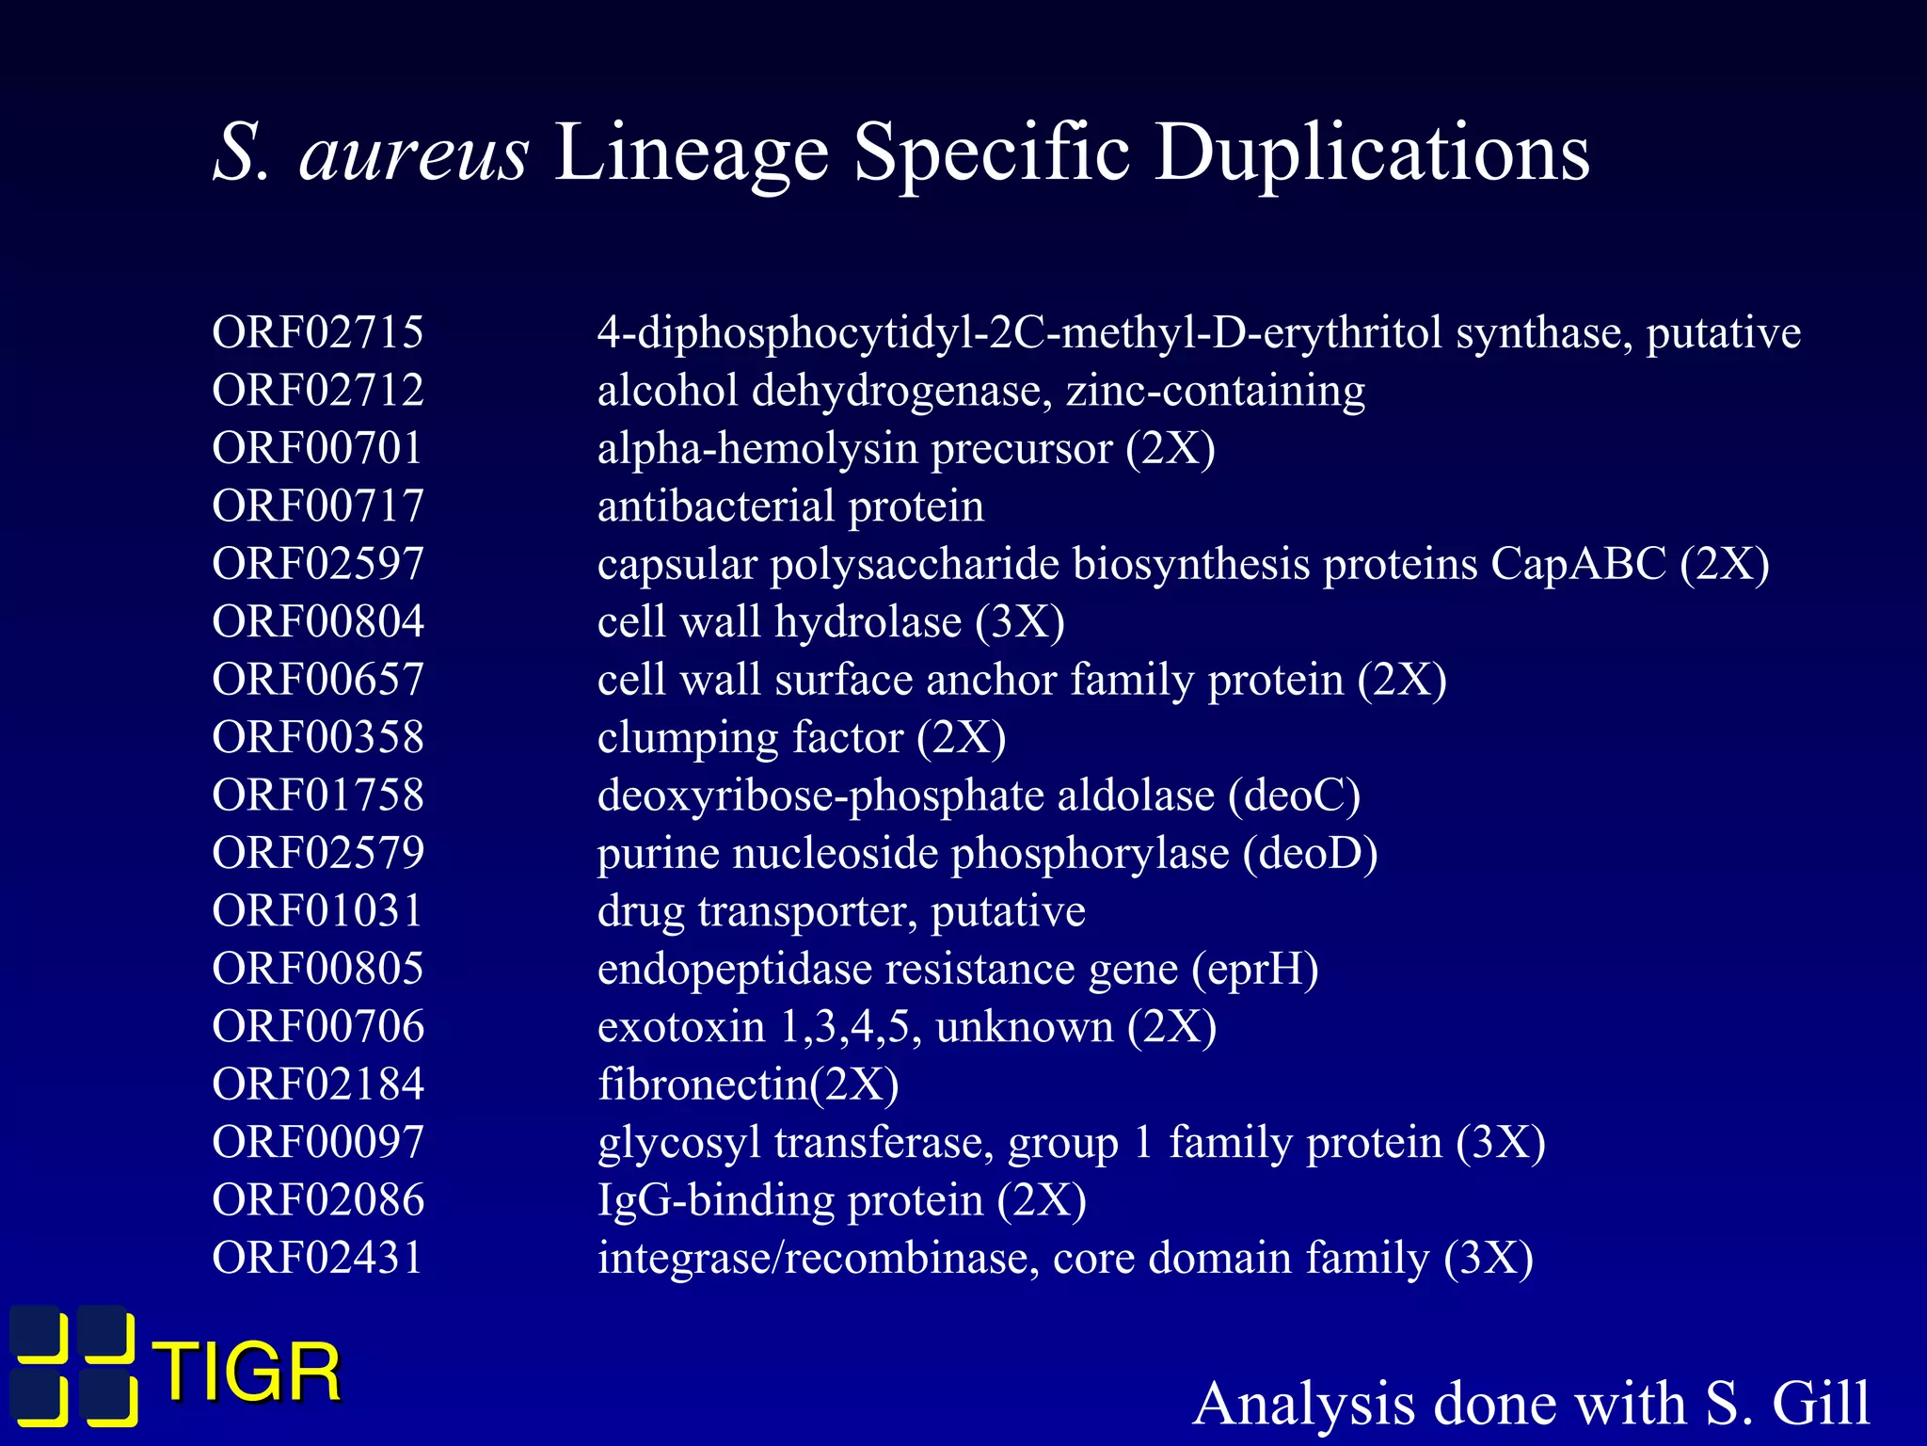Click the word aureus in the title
click(x=413, y=153)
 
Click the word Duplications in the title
click(x=1372, y=153)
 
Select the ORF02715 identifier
click(x=318, y=332)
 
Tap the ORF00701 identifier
click(x=318, y=448)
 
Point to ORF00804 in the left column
click(x=318, y=621)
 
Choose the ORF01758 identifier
click(x=318, y=795)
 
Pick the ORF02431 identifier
click(x=318, y=1258)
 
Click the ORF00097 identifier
click(x=318, y=1142)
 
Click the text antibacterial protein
click(x=790, y=506)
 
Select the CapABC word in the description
click(x=1578, y=564)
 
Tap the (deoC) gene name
click(x=1295, y=795)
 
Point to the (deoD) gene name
click(x=1310, y=854)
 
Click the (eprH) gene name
click(x=1255, y=969)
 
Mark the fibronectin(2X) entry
click(x=748, y=1084)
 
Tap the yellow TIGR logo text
click(x=250, y=1372)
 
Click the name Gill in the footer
click(x=1821, y=1404)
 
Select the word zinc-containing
click(x=1215, y=391)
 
